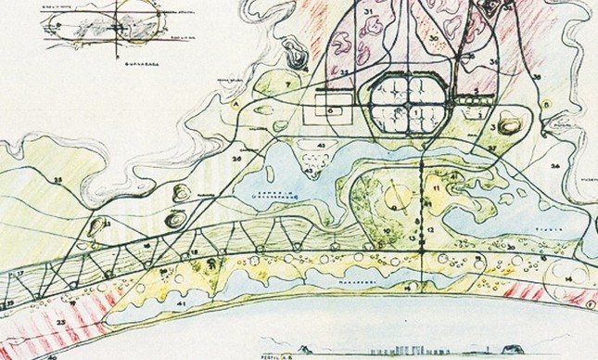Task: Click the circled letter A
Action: click(x=238, y=105)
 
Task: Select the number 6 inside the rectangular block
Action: click(x=330, y=109)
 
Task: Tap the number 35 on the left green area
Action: click(x=58, y=179)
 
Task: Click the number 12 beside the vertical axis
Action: click(x=431, y=229)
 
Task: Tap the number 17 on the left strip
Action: click(x=18, y=275)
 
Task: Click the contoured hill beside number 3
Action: click(x=508, y=124)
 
